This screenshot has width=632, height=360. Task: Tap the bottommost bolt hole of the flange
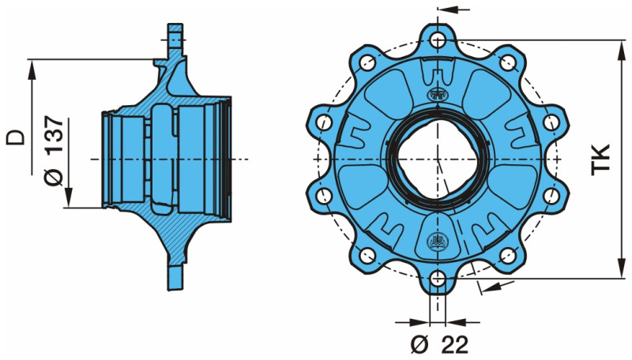[x=438, y=278]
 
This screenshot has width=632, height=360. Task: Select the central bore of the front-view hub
[x=437, y=159]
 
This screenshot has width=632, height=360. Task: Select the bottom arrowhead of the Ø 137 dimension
[x=70, y=201]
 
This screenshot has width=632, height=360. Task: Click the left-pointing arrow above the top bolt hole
[x=442, y=10]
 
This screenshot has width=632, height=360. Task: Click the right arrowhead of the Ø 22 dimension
[x=453, y=322]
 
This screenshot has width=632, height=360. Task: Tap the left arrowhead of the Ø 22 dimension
[x=423, y=322]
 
